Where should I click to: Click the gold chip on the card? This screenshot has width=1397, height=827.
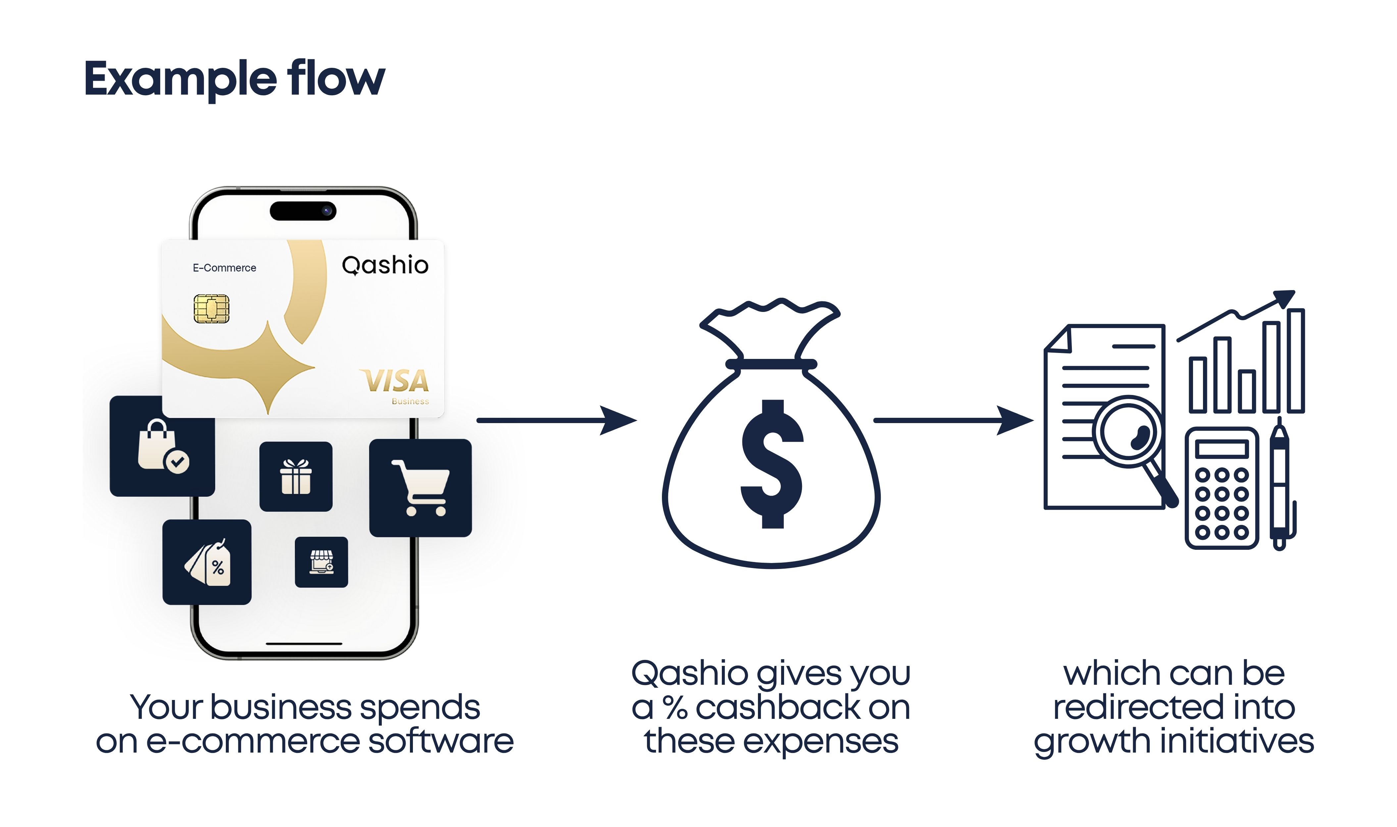[x=211, y=309]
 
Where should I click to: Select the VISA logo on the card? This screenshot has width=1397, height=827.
[x=396, y=382]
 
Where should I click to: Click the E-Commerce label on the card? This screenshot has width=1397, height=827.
[x=224, y=268]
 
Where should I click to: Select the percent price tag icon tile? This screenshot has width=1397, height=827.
[x=207, y=562]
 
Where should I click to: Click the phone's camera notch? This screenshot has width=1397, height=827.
[x=303, y=211]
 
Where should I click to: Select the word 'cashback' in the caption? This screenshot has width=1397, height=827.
[x=778, y=708]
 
